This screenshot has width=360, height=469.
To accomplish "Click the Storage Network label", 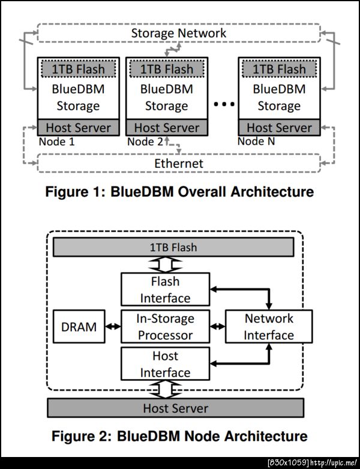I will click(x=179, y=32).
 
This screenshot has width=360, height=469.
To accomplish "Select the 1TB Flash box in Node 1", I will click(x=76, y=69).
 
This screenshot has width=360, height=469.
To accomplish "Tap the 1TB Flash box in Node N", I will click(x=278, y=69).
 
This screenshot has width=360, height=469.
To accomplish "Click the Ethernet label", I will click(x=179, y=163).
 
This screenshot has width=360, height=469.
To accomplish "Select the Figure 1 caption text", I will click(x=179, y=192).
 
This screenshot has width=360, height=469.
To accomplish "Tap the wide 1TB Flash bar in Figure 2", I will click(x=173, y=247).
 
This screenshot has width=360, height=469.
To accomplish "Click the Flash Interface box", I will click(x=165, y=289).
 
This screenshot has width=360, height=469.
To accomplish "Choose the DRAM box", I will click(x=79, y=326).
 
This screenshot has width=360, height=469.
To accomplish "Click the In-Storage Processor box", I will click(x=165, y=326).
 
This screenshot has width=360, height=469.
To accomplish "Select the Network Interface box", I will click(x=268, y=326).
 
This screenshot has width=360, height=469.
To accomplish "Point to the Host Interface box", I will click(x=165, y=363).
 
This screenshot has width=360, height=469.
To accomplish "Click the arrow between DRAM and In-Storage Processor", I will click(x=113, y=326).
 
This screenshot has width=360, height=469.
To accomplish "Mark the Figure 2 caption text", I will click(x=179, y=435).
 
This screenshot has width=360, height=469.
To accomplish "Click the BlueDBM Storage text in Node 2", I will click(x=166, y=97).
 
